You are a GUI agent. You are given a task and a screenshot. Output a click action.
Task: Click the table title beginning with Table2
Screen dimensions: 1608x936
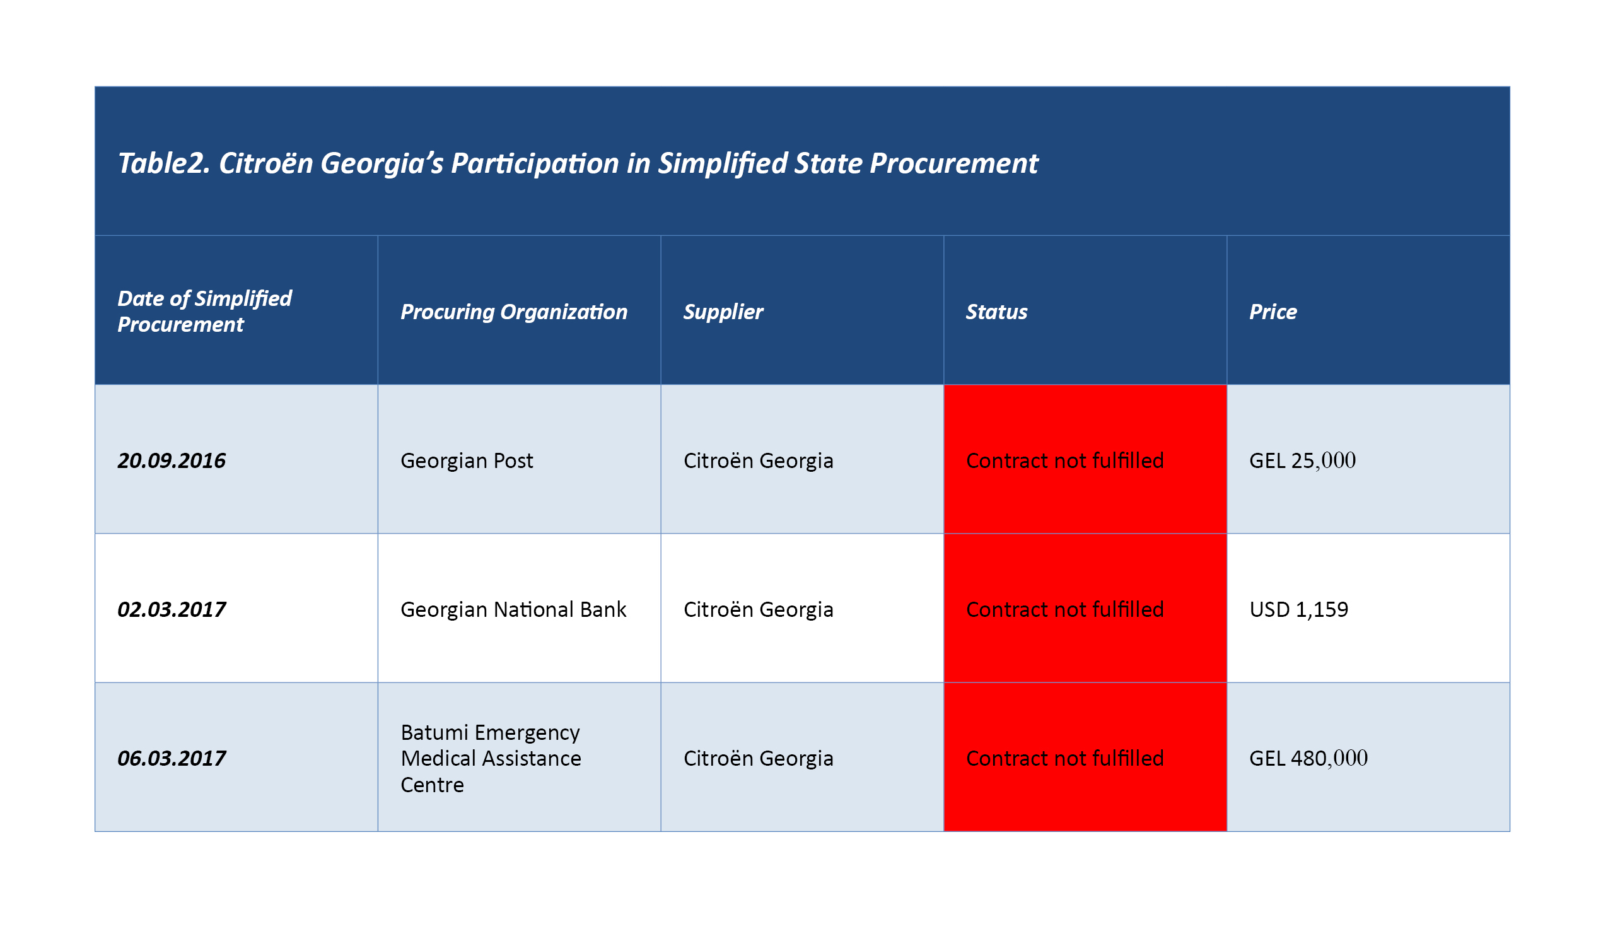[578, 164]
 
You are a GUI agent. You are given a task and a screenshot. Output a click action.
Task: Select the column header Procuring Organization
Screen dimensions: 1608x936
[515, 312]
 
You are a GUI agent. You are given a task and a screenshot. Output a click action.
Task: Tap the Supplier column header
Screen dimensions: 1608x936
[723, 312]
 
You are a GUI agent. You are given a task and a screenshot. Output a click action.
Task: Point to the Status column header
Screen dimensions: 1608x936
[997, 312]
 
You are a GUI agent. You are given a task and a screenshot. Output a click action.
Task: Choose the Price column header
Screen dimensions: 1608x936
[1273, 312]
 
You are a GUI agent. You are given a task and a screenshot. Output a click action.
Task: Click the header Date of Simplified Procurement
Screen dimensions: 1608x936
[204, 312]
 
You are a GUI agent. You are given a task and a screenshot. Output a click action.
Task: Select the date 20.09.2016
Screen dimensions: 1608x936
[172, 460]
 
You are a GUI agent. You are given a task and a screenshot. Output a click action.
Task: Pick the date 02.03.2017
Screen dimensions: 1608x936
[172, 609]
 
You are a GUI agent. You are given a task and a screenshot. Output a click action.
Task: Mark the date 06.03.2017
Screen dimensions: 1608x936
[172, 758]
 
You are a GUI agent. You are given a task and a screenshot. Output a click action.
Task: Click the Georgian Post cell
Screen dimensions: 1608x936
[467, 460]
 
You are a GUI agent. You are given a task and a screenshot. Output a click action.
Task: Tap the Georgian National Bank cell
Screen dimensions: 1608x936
[513, 609]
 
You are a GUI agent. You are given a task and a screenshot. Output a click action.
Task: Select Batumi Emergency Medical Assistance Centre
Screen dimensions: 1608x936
[491, 758]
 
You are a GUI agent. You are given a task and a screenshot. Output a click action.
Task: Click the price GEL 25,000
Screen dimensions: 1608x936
[1302, 460]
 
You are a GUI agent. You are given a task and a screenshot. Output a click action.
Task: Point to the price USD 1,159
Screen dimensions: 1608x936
[1298, 609]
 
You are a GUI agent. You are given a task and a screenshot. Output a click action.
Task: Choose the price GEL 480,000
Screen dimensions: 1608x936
[1308, 758]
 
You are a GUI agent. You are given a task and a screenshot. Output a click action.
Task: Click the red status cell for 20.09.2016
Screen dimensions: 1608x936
[1085, 459]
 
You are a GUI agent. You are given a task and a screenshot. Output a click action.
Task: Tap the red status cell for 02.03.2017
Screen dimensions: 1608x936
[1085, 608]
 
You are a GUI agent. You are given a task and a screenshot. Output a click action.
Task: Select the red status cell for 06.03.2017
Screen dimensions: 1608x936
[1085, 757]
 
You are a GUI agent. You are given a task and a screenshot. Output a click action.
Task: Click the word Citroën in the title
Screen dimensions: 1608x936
[266, 163]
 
